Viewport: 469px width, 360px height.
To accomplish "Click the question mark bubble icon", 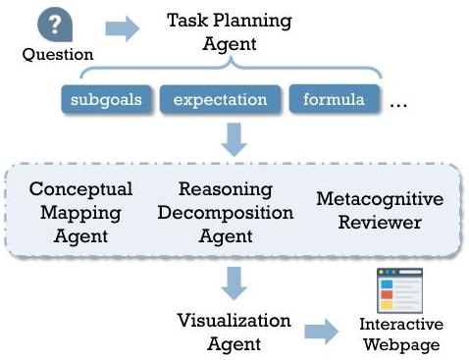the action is tap(55, 25).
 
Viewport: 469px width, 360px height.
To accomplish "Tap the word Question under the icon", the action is tap(58, 55).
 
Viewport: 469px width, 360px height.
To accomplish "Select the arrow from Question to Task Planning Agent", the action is tap(123, 28).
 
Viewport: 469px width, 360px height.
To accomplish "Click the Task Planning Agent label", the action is tap(230, 32).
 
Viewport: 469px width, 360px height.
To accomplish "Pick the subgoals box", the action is tap(106, 99).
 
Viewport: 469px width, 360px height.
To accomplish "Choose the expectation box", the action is tap(220, 99).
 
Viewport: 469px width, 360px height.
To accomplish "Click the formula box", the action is tap(334, 99).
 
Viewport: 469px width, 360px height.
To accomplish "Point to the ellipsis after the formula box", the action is tap(398, 106).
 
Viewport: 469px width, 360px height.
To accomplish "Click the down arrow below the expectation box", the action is tap(234, 139).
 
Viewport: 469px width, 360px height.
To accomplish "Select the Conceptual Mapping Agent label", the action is tap(80, 213).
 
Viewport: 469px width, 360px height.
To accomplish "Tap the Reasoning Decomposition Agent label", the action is tap(226, 213).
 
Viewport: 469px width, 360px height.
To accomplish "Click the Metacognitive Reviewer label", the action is tap(380, 211).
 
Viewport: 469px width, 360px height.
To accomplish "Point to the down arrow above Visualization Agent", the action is tap(234, 283).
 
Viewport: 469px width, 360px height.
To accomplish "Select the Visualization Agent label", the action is tap(234, 333).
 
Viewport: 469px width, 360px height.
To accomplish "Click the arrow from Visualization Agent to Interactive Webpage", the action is tap(321, 332).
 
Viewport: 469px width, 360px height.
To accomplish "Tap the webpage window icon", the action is tap(399, 290).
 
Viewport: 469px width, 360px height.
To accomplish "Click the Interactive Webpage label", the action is tap(401, 334).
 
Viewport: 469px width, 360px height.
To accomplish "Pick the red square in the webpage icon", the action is tap(387, 294).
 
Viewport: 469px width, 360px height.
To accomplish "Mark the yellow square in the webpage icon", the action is tap(387, 305).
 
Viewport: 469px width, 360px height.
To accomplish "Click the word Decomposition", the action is tap(226, 214).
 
